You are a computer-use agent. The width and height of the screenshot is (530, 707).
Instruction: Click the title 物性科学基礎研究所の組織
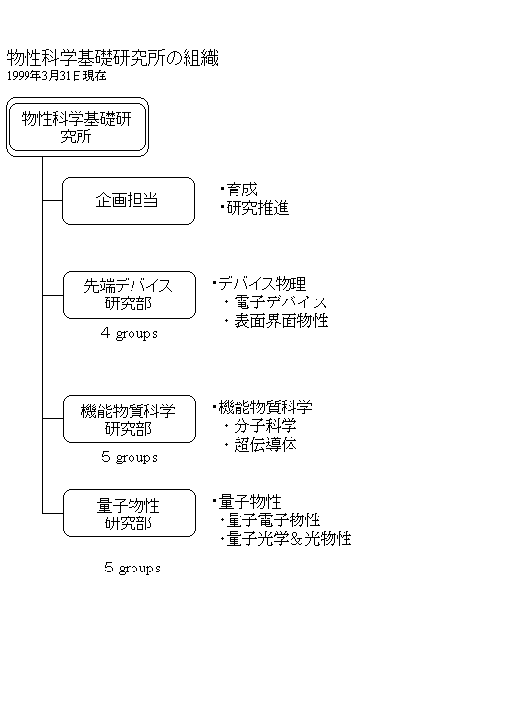112,58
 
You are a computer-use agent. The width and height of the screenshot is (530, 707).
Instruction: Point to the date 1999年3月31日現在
56,76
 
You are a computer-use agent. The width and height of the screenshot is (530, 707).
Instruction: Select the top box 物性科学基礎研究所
78,127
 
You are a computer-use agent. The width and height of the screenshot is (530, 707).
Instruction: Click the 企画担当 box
129,200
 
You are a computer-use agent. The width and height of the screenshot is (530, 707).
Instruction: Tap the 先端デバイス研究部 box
130,295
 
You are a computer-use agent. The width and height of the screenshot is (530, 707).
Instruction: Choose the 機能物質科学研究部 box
130,419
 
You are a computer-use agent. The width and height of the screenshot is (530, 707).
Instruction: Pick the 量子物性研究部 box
130,514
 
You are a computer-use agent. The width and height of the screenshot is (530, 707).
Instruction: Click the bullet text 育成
242,190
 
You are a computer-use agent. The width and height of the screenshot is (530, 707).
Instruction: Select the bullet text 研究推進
257,208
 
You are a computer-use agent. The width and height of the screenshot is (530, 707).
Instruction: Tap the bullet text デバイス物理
262,284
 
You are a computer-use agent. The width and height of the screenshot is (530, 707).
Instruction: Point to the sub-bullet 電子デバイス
281,302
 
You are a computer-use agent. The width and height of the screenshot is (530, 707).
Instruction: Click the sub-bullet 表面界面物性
281,321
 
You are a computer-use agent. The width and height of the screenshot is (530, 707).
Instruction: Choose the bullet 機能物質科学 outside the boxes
265,408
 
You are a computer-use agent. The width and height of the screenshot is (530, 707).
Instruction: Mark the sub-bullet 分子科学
265,426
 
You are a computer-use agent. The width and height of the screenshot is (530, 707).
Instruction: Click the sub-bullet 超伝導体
265,445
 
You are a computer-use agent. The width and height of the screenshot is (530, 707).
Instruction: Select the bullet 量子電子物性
273,520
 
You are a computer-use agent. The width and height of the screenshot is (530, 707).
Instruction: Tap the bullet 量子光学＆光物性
289,539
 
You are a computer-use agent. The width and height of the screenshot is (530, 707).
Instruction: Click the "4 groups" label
130,333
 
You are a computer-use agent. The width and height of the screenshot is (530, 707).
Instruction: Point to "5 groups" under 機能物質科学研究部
130,457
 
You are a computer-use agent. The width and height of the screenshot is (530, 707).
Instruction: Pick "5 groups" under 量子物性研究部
132,568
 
